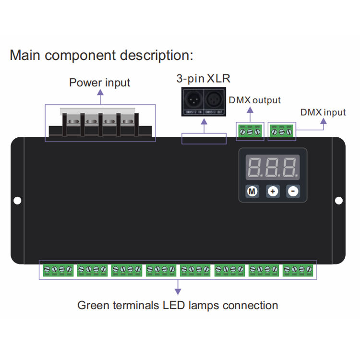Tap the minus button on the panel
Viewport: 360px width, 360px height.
tap(293, 192)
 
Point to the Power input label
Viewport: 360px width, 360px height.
tap(100, 83)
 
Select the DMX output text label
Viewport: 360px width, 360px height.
tap(254, 100)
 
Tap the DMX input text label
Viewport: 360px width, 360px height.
tap(323, 112)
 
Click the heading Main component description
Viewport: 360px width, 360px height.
tap(101, 55)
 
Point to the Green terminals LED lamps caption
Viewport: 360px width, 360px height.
tap(178, 305)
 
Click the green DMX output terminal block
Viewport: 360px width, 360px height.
tap(250, 131)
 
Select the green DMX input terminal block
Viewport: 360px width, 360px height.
tap(281, 131)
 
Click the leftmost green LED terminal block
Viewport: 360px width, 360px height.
tap(58, 270)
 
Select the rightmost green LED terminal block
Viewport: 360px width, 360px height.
tap(298, 270)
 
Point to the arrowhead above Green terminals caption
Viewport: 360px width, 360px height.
tap(178, 291)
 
